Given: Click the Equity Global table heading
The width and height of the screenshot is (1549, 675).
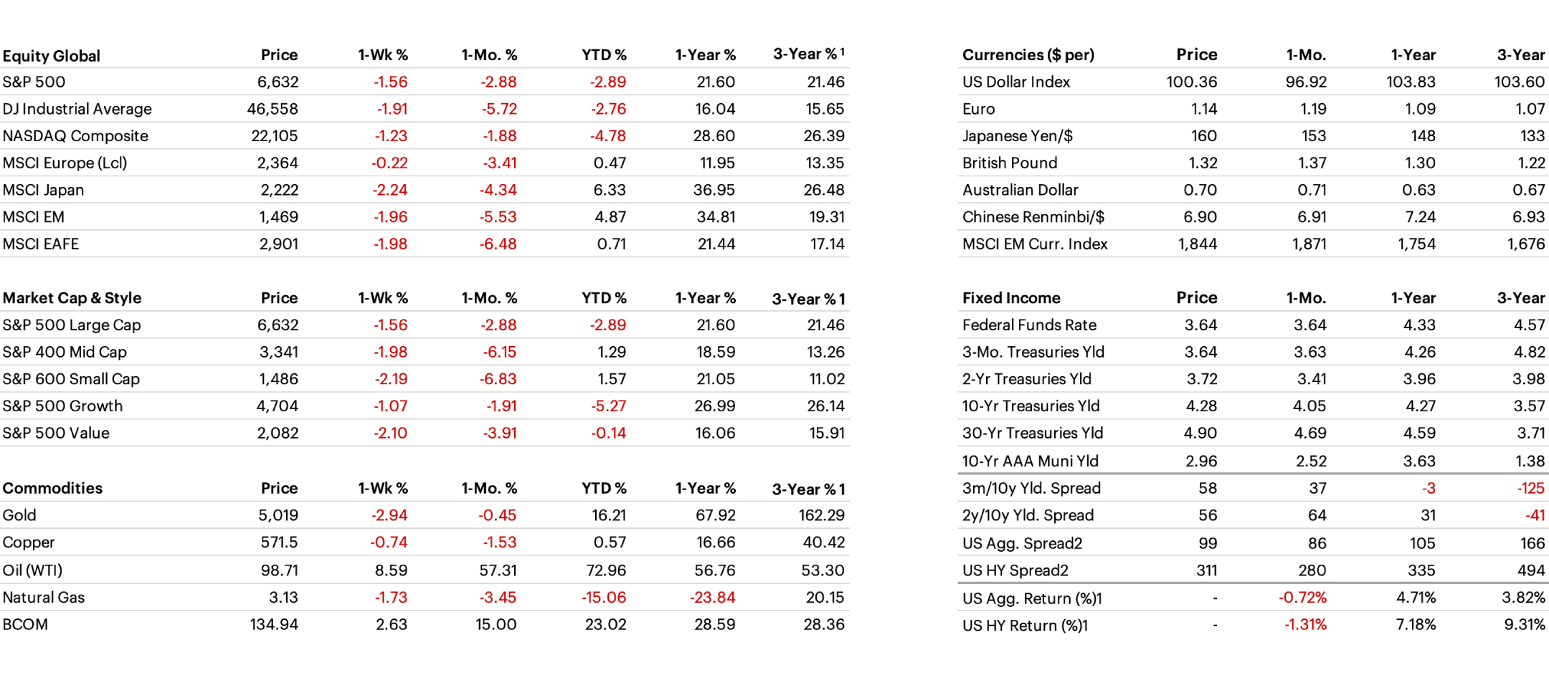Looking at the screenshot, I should coord(52,56).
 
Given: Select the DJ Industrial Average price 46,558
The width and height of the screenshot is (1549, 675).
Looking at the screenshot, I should coord(273,109).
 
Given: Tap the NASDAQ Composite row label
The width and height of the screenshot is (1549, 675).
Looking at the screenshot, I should coord(75,136).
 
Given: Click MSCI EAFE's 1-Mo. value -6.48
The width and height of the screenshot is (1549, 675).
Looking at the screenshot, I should coord(498,244).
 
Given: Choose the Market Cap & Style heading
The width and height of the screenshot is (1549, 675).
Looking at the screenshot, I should coord(72,298).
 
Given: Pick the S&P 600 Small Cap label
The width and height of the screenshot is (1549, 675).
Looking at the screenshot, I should coord(71,379).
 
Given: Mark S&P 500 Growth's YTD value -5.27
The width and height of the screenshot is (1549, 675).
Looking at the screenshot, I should coord(608,406).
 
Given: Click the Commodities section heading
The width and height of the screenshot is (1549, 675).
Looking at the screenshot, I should coord(52,489).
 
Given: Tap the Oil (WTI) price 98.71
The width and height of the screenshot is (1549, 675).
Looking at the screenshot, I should coord(279,570).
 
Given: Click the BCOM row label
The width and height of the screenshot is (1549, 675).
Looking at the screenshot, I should coord(25,625).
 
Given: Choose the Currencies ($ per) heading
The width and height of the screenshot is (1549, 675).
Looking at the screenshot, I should coord(1028,55).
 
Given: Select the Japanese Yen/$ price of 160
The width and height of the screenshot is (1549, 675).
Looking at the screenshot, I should coord(1203,136).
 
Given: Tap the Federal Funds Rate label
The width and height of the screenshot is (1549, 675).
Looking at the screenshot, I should coord(1029,325).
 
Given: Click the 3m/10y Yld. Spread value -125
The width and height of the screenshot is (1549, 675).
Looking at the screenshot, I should coord(1530,489).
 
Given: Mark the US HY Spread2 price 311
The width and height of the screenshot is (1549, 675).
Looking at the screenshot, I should coord(1206,570).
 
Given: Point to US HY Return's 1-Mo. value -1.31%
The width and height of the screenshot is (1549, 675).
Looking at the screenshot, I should coord(1305,625).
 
